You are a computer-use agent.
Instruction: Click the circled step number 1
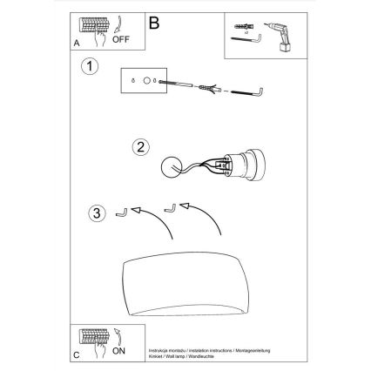click(88, 67)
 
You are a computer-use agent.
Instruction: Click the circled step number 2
click(138, 146)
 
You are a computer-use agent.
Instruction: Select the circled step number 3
click(99, 212)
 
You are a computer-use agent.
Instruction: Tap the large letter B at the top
click(154, 24)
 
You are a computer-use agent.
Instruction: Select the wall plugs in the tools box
click(242, 24)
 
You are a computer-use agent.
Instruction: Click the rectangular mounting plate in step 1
click(141, 81)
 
